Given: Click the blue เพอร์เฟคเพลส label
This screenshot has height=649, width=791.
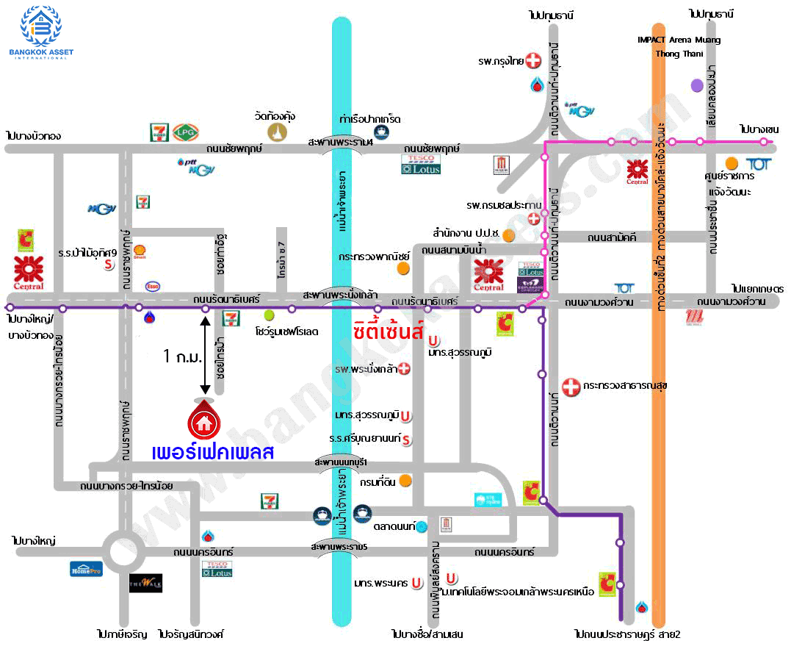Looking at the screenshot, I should (213, 451).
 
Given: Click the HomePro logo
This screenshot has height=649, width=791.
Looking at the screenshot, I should (87, 567).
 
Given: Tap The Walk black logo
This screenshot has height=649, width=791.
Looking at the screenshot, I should (145, 583).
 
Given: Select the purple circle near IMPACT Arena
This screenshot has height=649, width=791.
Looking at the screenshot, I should (697, 85).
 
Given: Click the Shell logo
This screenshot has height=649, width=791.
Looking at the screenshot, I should (139, 251).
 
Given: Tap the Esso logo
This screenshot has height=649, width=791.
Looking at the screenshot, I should (153, 286).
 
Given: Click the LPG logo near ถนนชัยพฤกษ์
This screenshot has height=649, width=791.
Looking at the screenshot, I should (183, 132).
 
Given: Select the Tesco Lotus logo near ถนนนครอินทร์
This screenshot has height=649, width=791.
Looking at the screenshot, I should (217, 568).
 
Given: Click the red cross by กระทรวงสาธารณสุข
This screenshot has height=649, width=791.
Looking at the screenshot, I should (571, 386).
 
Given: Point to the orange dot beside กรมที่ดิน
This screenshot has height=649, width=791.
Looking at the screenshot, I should (405, 481).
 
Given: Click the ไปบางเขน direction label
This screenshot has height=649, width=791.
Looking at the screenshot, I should (759, 129).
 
